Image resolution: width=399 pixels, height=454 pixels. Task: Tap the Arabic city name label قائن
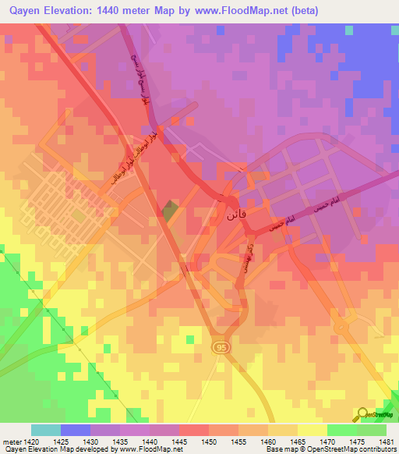235,213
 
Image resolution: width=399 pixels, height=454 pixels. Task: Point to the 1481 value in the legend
387,441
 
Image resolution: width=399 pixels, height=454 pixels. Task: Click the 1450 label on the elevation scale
209,441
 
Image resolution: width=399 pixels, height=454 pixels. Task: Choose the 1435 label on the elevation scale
120,441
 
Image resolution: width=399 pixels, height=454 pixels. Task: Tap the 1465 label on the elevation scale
298,441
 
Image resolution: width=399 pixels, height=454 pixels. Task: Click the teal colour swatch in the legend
45,430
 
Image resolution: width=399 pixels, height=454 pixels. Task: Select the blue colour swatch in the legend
75,430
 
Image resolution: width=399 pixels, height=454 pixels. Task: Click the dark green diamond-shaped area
171,208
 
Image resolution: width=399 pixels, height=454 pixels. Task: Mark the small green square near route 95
191,339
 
